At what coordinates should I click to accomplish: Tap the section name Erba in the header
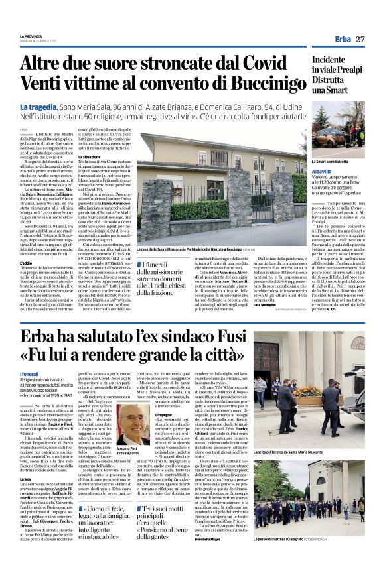pos(343,40)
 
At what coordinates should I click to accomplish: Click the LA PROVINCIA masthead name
pos(31,36)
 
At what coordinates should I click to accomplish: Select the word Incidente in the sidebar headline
pos(334,60)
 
